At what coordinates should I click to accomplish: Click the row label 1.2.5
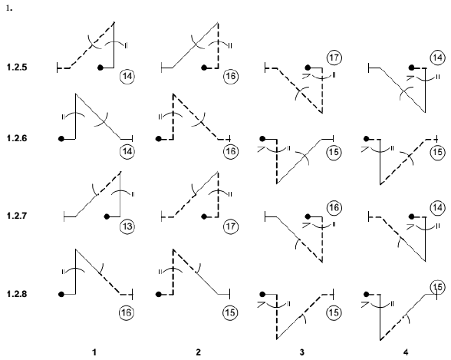click(17, 68)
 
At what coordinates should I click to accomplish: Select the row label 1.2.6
click(17, 138)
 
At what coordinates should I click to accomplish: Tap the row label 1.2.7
click(17, 216)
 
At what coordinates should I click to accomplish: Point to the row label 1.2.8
click(17, 294)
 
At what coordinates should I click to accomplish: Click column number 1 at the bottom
click(94, 352)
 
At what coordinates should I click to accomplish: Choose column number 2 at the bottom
click(198, 352)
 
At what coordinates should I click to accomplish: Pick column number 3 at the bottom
click(301, 352)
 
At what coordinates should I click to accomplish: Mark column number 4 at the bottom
click(406, 352)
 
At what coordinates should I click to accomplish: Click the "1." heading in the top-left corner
click(9, 8)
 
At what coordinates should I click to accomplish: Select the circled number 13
click(127, 226)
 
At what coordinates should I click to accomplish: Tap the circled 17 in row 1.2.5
click(334, 58)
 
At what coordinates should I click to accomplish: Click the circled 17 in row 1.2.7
click(231, 226)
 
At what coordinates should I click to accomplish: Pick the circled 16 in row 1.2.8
click(127, 312)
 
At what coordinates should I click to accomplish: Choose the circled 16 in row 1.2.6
click(231, 151)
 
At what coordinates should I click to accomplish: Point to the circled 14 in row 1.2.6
click(127, 151)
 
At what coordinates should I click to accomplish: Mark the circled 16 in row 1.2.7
click(334, 207)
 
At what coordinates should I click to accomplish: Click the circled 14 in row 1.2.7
click(437, 207)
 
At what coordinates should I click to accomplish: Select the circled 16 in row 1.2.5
click(231, 76)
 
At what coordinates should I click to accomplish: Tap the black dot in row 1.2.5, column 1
click(100, 68)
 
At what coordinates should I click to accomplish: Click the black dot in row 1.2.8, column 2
click(159, 295)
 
